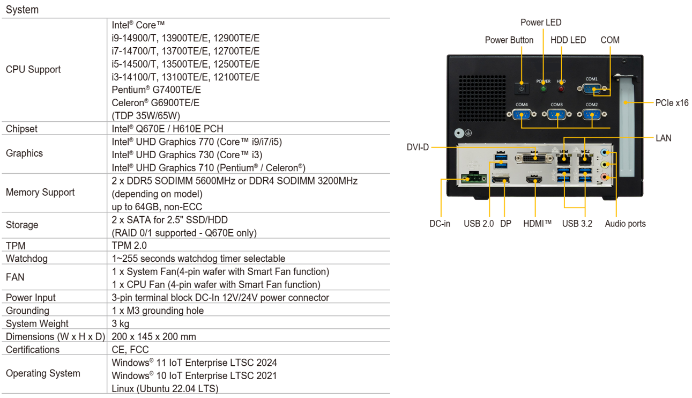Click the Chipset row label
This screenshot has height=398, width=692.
pos(21,129)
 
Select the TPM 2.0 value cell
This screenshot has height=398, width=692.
pos(129,246)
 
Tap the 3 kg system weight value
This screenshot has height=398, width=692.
pos(121,323)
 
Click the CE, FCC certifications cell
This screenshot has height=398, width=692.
pos(130,349)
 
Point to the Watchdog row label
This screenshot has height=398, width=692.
pos(27,259)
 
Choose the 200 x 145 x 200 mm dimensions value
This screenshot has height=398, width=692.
pos(153,336)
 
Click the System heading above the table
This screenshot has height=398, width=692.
pos(22,10)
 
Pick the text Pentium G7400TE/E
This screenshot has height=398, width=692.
pos(156,90)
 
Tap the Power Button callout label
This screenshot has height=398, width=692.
pos(509,40)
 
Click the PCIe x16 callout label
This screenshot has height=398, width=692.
pos(672,102)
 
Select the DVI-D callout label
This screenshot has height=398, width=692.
pos(418,147)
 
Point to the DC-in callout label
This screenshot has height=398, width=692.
pos(440,224)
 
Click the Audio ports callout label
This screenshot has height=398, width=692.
pos(626,224)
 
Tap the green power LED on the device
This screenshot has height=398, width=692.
pos(544,89)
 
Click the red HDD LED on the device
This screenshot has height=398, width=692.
pos(561,89)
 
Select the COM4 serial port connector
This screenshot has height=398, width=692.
pos(522,114)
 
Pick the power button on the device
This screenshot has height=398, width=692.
pos(522,89)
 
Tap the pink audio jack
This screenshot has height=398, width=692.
pos(605,177)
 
